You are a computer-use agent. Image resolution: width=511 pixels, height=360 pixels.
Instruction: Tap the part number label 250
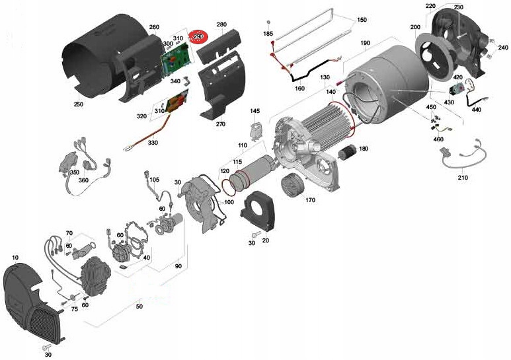coord(78,104)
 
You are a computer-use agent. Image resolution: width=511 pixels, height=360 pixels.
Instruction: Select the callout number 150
coord(361,20)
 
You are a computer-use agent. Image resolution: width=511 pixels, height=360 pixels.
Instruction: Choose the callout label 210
coord(462,178)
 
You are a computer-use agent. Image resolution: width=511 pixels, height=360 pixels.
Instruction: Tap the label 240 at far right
coord(502,48)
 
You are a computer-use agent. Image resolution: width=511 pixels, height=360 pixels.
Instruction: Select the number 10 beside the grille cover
coord(15,256)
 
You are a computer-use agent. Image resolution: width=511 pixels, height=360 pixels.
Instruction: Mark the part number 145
coord(255,111)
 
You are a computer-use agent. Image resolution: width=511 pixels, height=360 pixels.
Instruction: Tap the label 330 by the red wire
coord(153,142)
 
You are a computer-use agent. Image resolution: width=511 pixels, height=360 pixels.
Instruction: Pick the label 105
coord(154,179)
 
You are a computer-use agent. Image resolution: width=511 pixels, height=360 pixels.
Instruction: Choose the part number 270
coord(220,124)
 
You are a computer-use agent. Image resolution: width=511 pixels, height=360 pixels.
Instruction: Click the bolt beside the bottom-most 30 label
coord(46,347)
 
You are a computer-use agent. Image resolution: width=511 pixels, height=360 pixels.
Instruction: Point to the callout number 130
coord(325,78)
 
